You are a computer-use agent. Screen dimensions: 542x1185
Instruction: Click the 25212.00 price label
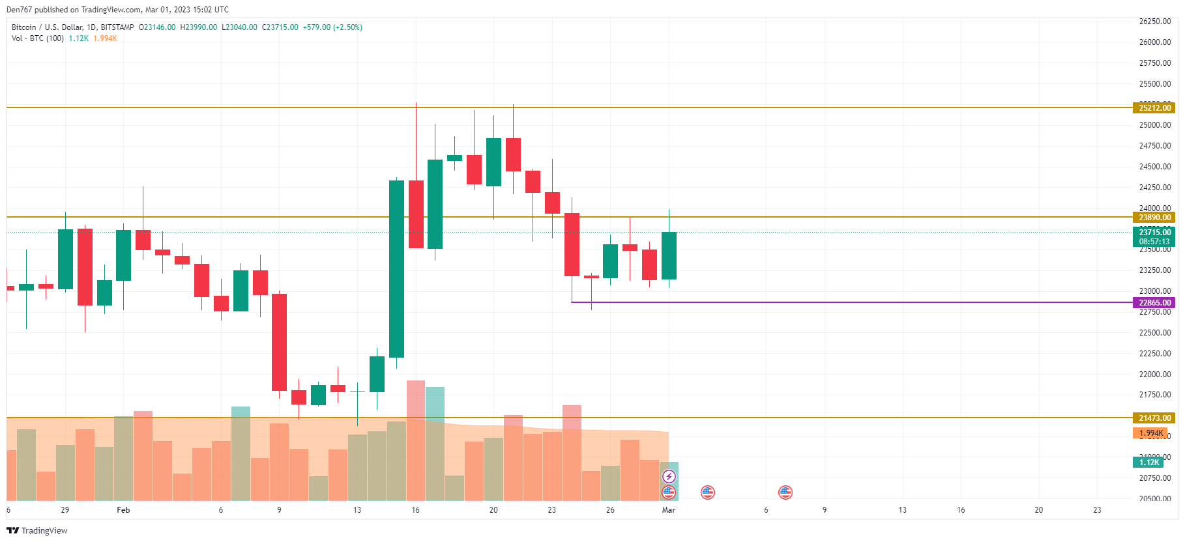[1154, 108]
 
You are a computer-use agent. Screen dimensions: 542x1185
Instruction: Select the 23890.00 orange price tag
[1154, 218]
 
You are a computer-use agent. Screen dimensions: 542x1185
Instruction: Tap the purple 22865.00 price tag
[1154, 303]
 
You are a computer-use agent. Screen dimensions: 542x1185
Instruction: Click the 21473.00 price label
[1154, 418]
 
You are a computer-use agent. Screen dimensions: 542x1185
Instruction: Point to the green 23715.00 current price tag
[1154, 233]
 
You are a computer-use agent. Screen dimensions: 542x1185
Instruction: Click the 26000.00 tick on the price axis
[1154, 42]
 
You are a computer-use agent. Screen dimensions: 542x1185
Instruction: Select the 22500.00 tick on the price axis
[1154, 333]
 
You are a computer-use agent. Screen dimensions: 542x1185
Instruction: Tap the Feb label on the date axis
[123, 510]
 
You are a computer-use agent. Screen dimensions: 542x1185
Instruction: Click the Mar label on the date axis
[669, 510]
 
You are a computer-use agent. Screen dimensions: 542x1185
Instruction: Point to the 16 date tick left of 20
[415, 510]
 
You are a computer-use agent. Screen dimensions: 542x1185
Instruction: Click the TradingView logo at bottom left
[37, 530]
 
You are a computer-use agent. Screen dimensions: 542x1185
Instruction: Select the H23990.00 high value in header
[199, 27]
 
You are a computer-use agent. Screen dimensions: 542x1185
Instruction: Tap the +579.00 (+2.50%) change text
[332, 27]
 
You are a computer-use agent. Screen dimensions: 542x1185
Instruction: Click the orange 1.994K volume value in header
[105, 38]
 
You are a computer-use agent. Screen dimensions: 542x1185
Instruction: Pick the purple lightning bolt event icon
[669, 476]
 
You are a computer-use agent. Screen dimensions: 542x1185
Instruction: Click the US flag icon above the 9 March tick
[785, 492]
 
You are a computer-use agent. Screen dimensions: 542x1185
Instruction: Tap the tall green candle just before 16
[396, 268]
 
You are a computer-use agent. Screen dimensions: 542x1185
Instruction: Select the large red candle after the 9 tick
[279, 342]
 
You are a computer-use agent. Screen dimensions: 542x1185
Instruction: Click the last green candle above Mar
[669, 255]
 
